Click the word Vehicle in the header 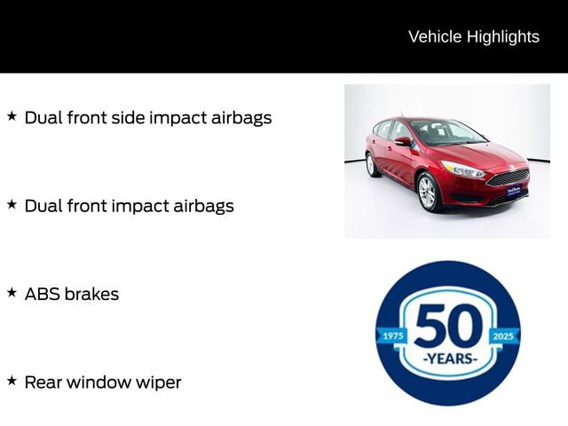pyautogui.click(x=434, y=36)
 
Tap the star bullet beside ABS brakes pyautogui.click(x=12, y=293)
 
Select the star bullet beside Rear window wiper pyautogui.click(x=12, y=381)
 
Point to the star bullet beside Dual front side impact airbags pyautogui.click(x=12, y=116)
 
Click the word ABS pyautogui.click(x=42, y=294)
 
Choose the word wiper pyautogui.click(x=159, y=383)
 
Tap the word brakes pyautogui.click(x=91, y=294)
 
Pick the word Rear pyautogui.click(x=43, y=383)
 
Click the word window pyautogui.click(x=101, y=383)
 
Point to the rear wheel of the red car pyautogui.click(x=371, y=164)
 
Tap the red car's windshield pyautogui.click(x=446, y=133)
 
